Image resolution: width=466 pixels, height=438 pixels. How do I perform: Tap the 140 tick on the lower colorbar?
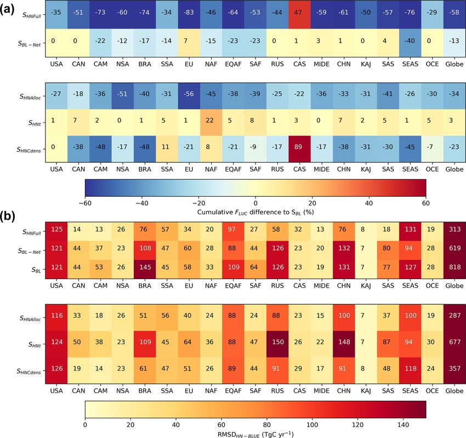pos(403,424)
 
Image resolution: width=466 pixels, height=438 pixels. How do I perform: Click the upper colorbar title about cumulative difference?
pos(255,211)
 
